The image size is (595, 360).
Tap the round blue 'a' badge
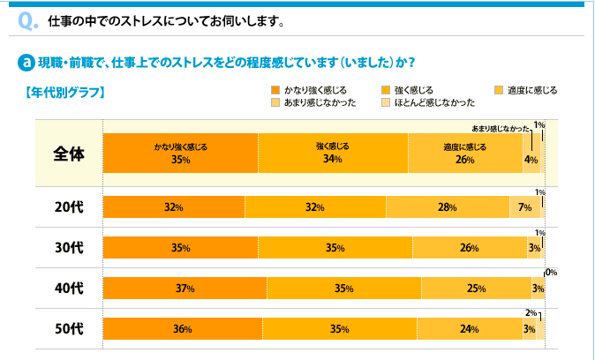click(x=26, y=63)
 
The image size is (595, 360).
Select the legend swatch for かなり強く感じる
click(x=275, y=90)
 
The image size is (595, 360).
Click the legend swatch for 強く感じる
click(x=385, y=90)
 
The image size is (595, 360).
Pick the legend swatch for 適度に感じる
click(x=499, y=90)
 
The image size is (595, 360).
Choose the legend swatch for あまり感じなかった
click(x=275, y=102)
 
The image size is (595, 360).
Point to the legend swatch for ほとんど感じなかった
click(x=385, y=102)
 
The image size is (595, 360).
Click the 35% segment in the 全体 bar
click(x=181, y=153)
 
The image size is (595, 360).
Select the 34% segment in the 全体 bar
click(x=333, y=153)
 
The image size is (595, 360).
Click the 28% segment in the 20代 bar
click(x=448, y=207)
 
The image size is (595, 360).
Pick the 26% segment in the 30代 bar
click(x=469, y=248)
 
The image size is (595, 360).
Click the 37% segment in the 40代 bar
click(x=185, y=289)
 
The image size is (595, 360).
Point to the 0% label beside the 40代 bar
click(x=551, y=273)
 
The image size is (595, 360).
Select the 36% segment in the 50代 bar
click(x=183, y=328)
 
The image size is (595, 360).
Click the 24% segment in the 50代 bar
click(x=469, y=328)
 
